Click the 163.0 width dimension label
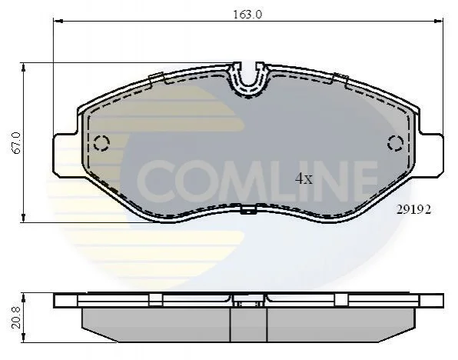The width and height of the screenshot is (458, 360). (x=247, y=14)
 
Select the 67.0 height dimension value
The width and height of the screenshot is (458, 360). (x=16, y=143)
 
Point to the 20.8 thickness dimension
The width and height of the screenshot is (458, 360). (x=16, y=317)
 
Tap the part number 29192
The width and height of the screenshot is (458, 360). (x=413, y=209)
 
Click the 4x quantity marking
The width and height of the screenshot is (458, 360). (x=304, y=178)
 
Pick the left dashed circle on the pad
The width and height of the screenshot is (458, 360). (x=101, y=143)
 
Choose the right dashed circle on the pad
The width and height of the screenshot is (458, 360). (x=396, y=143)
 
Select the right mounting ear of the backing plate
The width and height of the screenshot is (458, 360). (x=430, y=155)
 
